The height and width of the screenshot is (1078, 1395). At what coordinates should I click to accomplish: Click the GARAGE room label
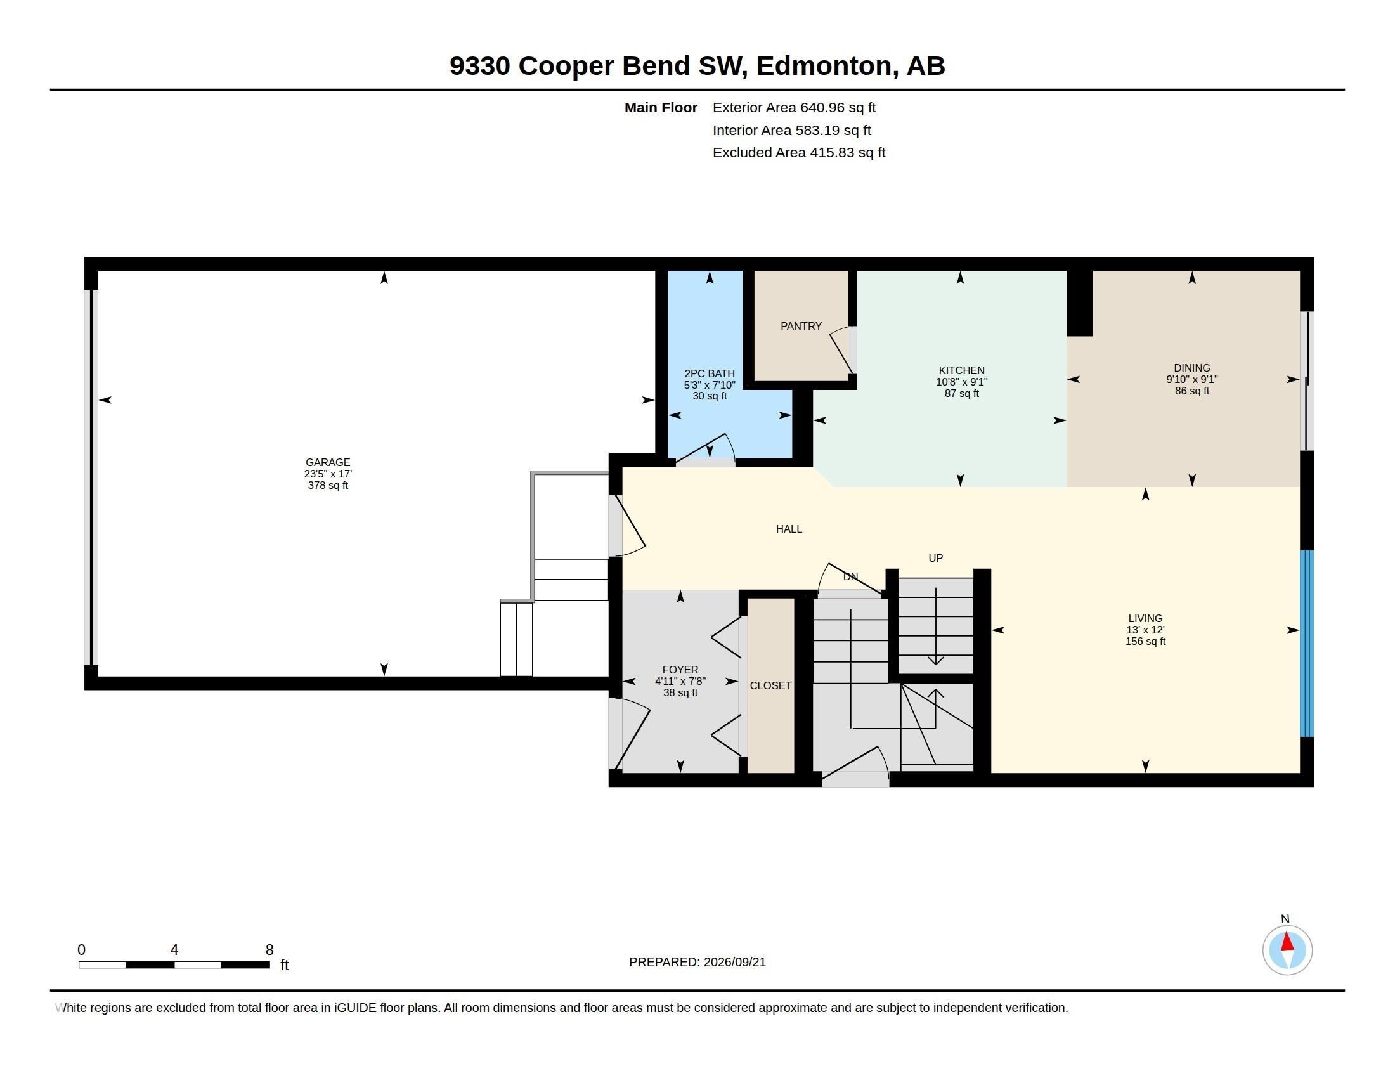click(328, 462)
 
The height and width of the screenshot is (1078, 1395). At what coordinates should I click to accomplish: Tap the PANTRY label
click(801, 327)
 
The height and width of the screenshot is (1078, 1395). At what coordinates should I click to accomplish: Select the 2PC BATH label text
click(710, 373)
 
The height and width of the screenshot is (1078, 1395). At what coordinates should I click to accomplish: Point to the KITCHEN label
click(961, 370)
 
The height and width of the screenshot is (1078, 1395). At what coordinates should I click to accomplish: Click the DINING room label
click(1192, 368)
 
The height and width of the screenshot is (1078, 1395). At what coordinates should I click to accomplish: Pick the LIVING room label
click(1145, 618)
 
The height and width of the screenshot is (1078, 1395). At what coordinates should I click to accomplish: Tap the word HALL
click(789, 529)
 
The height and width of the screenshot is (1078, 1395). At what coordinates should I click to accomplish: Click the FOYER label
click(680, 670)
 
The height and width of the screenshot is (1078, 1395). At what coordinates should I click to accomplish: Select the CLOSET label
click(770, 685)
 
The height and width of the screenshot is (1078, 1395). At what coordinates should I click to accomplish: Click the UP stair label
click(936, 558)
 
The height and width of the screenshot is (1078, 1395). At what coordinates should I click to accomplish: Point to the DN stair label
click(850, 576)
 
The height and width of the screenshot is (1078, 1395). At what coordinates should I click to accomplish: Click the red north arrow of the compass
click(1288, 941)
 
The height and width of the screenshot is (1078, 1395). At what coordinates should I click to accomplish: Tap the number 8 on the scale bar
click(269, 950)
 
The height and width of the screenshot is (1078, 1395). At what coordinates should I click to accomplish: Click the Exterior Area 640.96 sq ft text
click(794, 108)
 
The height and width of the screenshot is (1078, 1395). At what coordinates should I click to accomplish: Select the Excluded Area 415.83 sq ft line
click(799, 153)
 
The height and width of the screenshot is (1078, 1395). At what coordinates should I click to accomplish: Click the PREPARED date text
click(697, 962)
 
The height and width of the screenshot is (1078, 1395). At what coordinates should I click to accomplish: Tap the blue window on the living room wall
click(1307, 643)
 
